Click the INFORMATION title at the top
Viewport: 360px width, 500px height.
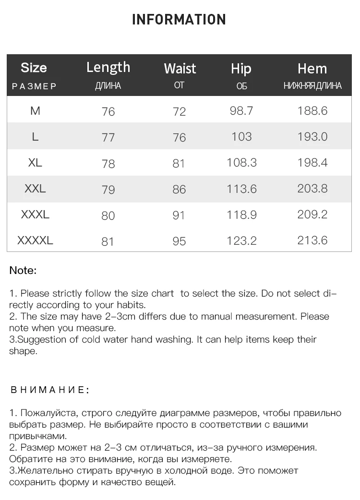coord(179,20)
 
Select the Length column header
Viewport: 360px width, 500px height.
coord(108,67)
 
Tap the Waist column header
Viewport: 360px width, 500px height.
coord(180,69)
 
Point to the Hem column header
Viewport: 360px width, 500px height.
coord(312,69)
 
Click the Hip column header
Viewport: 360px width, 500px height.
coord(241,69)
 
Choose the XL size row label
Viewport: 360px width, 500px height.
coord(35,163)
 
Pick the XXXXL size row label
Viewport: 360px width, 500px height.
coord(35,240)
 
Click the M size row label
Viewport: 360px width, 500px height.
coord(35,111)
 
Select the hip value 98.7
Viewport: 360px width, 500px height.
coord(241,111)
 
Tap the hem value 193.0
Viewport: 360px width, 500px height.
coord(312,137)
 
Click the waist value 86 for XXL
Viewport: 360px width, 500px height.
coord(179,189)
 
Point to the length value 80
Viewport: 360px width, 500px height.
coord(108,215)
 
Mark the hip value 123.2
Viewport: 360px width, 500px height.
coord(241,240)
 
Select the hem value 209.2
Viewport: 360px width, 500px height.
coord(312,214)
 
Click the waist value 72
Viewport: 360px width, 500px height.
coord(179,112)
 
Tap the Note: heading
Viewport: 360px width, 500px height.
coord(23,271)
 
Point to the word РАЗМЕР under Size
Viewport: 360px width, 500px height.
coord(34,86)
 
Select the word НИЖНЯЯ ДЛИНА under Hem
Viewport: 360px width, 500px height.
coord(312,86)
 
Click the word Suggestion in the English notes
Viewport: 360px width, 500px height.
coord(37,340)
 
